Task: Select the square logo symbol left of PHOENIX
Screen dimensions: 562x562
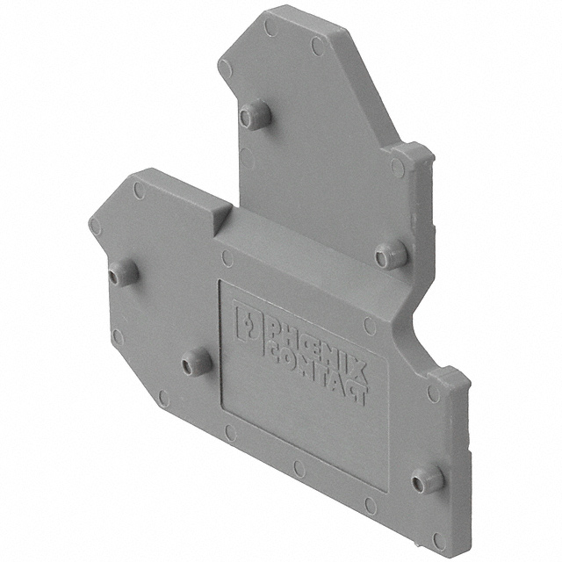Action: pyautogui.click(x=249, y=326)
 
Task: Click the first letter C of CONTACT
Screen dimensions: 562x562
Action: pyautogui.click(x=275, y=354)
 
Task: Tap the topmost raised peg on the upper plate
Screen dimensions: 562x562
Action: pyautogui.click(x=255, y=115)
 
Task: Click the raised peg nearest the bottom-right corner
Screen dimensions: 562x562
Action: pyautogui.click(x=428, y=480)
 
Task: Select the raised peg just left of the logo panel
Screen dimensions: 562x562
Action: pyautogui.click(x=196, y=362)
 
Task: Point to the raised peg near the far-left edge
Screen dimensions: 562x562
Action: pyautogui.click(x=123, y=272)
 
